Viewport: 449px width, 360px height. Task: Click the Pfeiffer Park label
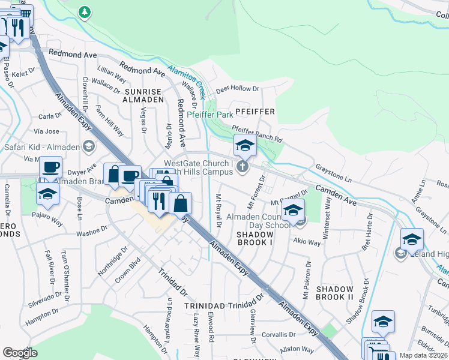coord(209,114)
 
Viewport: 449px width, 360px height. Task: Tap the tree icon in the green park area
coord(85,11)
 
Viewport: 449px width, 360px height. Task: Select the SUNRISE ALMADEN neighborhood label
coord(143,95)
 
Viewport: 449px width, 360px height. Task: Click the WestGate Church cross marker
coord(243,166)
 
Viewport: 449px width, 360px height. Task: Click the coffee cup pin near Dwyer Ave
coord(51,168)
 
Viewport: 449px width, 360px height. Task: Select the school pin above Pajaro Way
coord(47,194)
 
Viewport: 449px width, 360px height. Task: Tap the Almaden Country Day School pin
coord(293,211)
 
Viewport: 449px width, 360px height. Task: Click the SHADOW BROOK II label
coord(334,292)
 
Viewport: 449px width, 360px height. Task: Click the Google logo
coord(20,353)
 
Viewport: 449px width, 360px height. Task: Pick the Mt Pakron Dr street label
coord(307,280)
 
